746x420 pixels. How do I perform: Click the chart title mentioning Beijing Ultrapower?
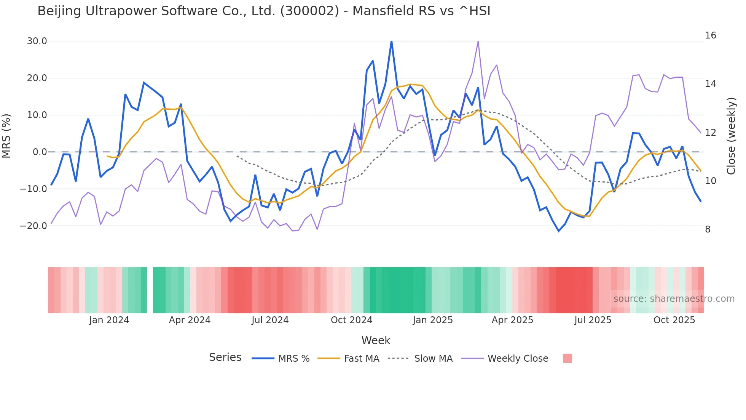coord(264,11)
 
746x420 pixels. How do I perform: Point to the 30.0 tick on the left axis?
coord(37,41)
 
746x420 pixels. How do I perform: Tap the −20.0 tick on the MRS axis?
coord(33,226)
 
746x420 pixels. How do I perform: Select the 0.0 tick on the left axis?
coord(40,152)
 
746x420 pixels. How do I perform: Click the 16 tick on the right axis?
coord(710,35)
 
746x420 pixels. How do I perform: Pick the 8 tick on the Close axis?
coord(708,229)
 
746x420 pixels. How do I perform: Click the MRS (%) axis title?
coord(6,136)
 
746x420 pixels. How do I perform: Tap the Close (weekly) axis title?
coord(731,136)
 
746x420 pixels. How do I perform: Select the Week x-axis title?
coord(376,340)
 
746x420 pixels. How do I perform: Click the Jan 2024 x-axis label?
coord(109,320)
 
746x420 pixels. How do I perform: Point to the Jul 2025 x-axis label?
coord(593,320)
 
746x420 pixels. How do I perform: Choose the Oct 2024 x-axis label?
coord(351,320)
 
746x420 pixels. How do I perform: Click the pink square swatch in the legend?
coord(567,358)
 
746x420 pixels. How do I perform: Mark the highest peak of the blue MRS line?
coord(391,41)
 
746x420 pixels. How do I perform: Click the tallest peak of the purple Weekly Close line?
coord(478,41)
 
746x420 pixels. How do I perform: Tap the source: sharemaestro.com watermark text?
coord(674,299)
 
